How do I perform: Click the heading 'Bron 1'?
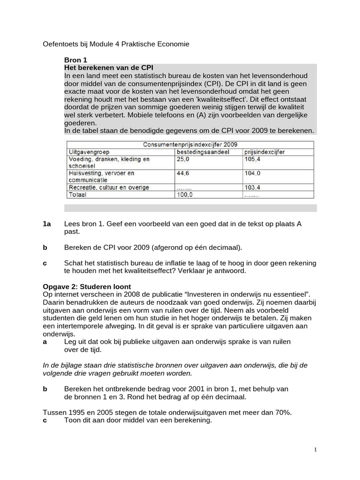(x=75, y=60)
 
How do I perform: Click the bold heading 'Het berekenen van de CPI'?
(x=109, y=68)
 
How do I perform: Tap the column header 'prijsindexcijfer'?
(x=264, y=152)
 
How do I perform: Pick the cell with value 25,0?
(x=183, y=159)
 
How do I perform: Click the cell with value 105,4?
(x=253, y=159)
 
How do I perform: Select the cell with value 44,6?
(x=183, y=173)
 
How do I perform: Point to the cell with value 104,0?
(x=253, y=173)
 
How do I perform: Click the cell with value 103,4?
(x=253, y=187)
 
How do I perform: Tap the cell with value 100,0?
(x=184, y=195)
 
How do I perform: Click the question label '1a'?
(x=46, y=224)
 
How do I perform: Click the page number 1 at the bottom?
(x=315, y=450)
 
